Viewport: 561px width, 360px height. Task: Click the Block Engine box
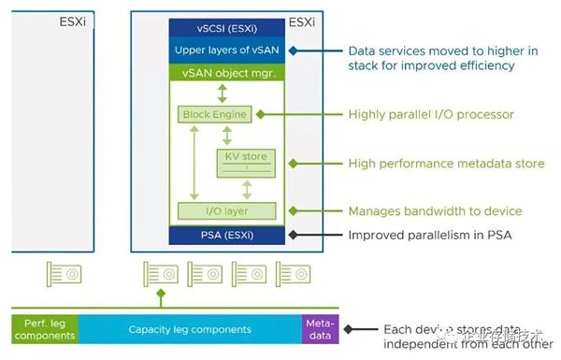[214, 114]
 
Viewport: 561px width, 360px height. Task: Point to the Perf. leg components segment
[45, 329]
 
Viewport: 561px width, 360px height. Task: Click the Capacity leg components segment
[190, 329]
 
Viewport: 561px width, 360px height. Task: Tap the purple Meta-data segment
[318, 329]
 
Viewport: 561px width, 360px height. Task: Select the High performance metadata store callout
[446, 163]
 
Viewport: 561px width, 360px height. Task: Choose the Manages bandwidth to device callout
[435, 210]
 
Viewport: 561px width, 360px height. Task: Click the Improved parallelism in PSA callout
[431, 234]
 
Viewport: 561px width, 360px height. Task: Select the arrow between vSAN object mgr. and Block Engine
[222, 93]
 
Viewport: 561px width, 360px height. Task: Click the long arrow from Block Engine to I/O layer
[191, 162]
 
